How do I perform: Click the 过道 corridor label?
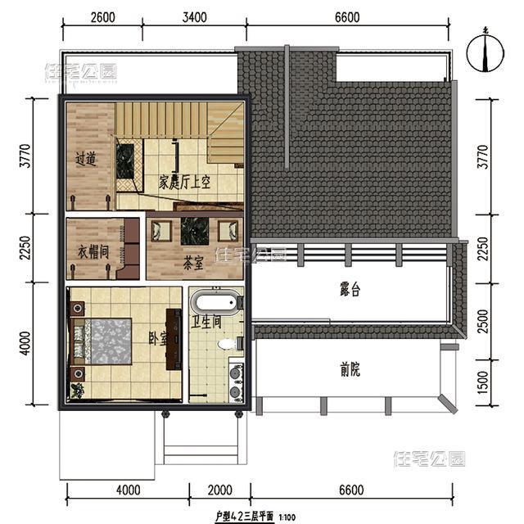click(86, 160)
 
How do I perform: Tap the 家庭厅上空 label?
click(185, 183)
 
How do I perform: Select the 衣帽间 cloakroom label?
click(94, 251)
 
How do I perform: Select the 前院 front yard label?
click(350, 370)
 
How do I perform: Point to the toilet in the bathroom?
click(227, 344)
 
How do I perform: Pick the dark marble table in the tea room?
click(195, 230)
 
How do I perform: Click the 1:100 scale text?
click(288, 517)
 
